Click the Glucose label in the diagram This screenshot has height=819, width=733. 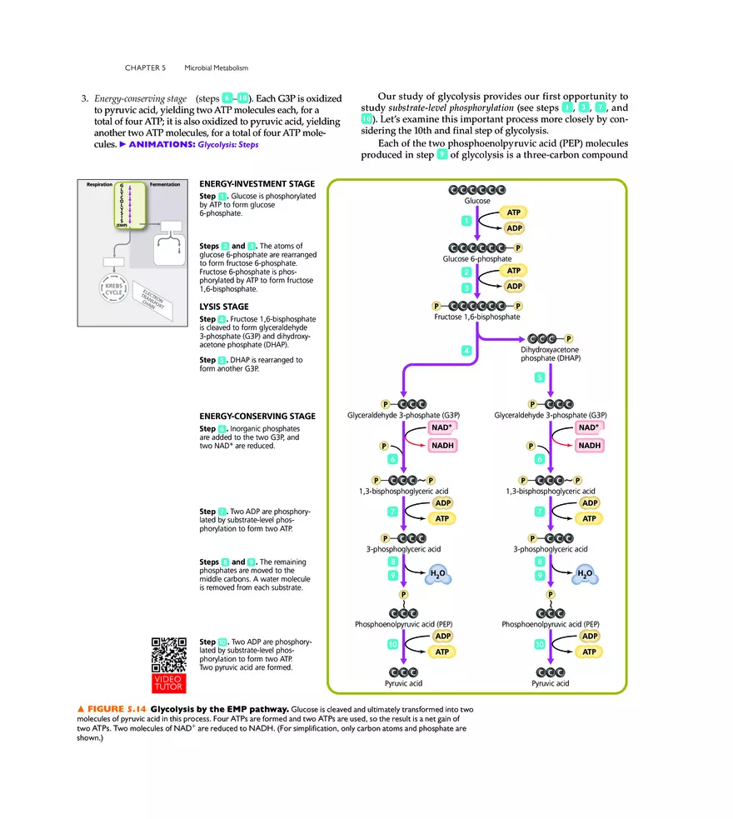pos(477,201)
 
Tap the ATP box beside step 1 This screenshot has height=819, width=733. pos(514,212)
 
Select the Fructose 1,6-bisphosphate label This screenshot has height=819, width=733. pos(477,317)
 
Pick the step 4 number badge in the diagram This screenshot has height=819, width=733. pos(466,350)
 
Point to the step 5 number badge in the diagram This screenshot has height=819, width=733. pos(540,377)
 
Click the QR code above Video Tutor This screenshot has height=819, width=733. pos(169,654)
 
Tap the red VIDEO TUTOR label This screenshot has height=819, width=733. pos(169,682)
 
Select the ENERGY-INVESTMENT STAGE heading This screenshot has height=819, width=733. pos(257,184)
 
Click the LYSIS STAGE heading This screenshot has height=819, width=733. pos(224,307)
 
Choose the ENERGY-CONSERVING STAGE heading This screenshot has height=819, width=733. pos(257,416)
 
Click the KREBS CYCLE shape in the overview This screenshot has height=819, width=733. pos(113,289)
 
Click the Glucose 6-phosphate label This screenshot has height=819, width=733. pos(477,259)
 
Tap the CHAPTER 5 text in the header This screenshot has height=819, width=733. pos(146,67)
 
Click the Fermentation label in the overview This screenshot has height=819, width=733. pos(164,184)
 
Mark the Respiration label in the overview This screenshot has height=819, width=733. pos(100,184)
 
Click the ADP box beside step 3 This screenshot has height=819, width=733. pos(514,286)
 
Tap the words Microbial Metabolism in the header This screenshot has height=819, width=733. pos(217,67)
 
